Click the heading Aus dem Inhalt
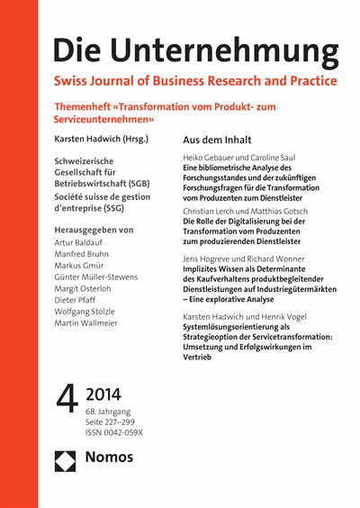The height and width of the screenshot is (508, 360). click(x=218, y=141)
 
